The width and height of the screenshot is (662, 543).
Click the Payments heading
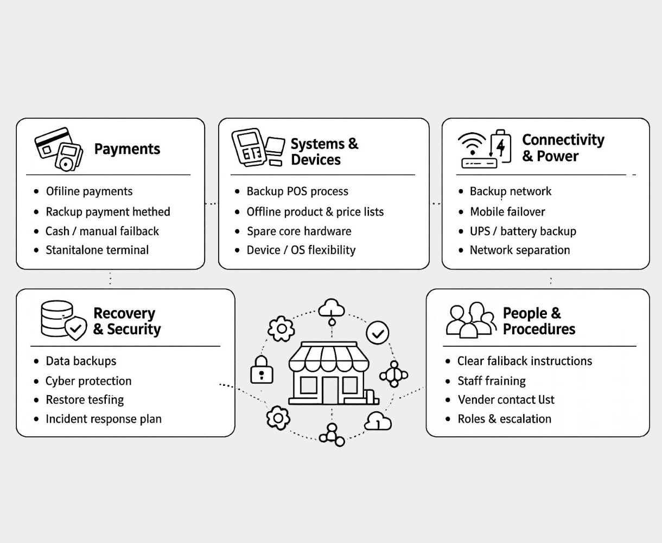(x=127, y=149)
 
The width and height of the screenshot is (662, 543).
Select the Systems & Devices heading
(x=324, y=152)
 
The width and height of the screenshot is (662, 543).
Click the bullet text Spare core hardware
(x=298, y=231)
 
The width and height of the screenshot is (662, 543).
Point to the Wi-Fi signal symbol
(x=472, y=144)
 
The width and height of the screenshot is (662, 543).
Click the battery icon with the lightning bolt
(x=501, y=146)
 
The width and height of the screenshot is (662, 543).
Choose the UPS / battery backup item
(x=523, y=231)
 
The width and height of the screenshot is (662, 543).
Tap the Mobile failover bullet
(x=507, y=212)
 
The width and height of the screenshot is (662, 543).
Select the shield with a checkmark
(x=76, y=328)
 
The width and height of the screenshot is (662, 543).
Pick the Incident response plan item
(x=103, y=419)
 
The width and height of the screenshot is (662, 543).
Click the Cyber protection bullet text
(x=88, y=381)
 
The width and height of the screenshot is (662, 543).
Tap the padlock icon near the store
(x=262, y=370)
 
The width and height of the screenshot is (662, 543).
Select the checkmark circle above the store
(x=378, y=333)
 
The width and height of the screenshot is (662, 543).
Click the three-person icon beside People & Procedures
(x=470, y=320)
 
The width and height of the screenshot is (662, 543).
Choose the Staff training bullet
(x=491, y=381)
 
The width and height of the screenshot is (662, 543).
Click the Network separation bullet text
(x=519, y=250)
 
